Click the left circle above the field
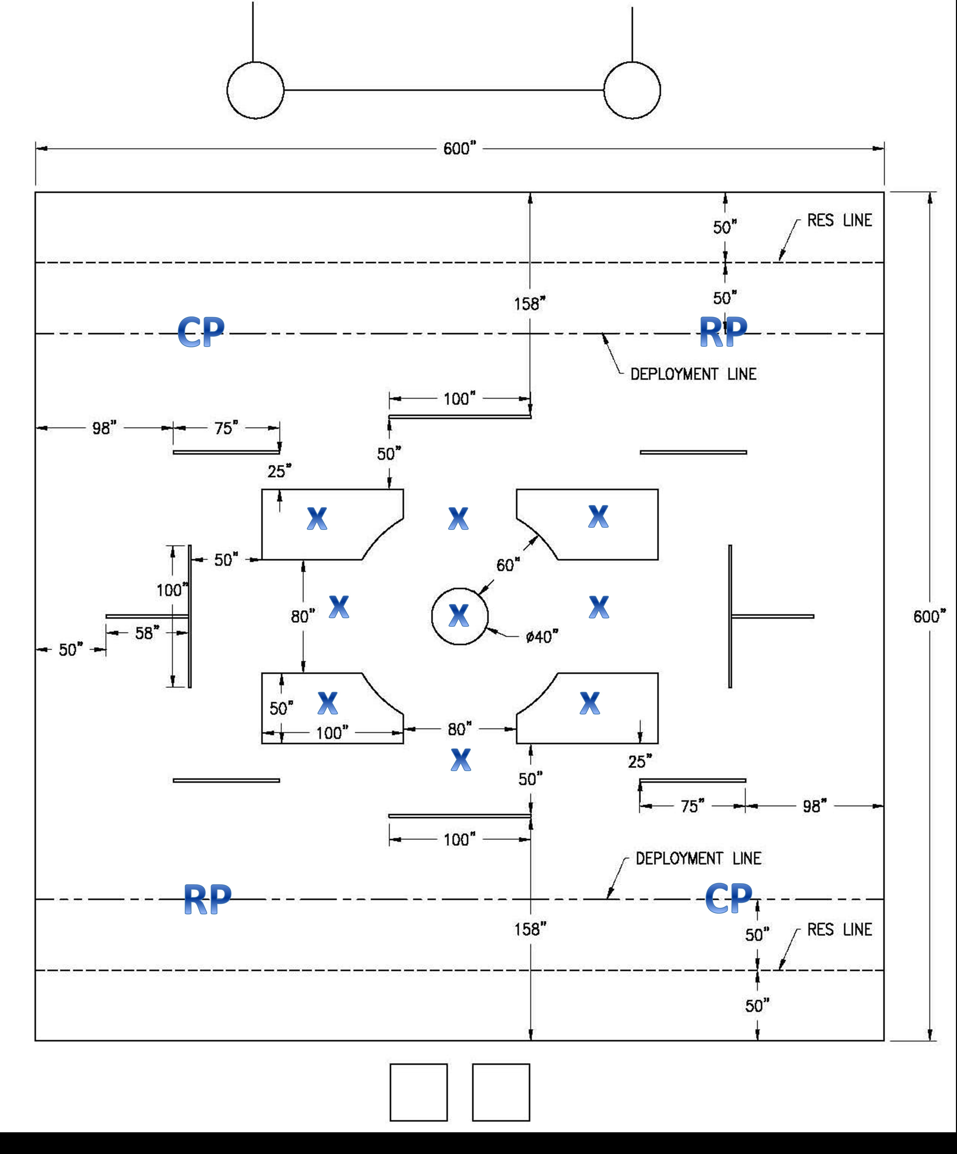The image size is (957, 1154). [x=255, y=90]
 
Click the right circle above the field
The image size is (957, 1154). [x=632, y=90]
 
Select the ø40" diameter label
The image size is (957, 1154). [x=542, y=637]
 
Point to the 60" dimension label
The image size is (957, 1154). [x=508, y=565]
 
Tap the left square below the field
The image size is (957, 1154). [x=419, y=1092]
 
